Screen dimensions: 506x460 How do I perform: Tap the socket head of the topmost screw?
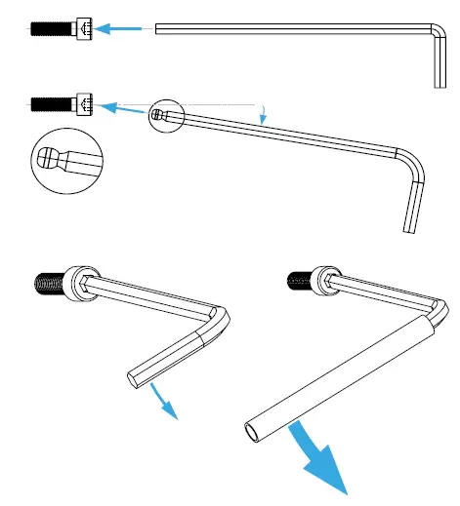[83, 31]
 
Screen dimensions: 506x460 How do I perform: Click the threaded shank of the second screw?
[49, 101]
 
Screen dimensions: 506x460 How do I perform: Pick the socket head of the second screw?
[83, 102]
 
